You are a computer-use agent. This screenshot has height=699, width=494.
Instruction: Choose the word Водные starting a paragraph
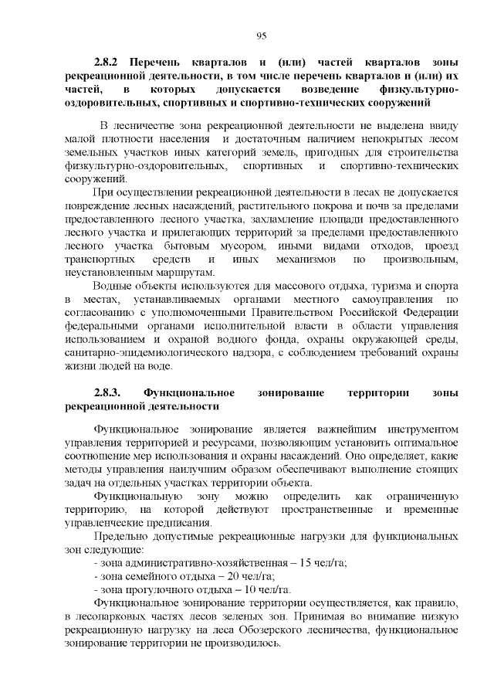(111, 285)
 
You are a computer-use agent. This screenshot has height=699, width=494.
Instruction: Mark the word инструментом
(418, 428)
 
